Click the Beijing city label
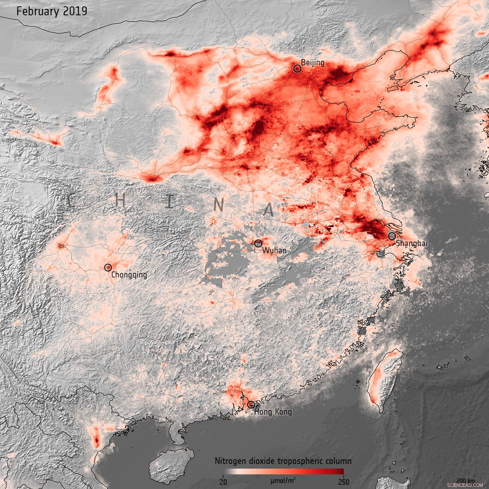coord(312,63)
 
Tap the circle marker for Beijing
coord(297,68)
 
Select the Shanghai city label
coord(411,244)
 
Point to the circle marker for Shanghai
coord(391,236)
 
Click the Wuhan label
coord(274,250)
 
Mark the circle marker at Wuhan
coord(258,243)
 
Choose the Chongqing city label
coord(129,275)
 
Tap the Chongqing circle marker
coord(108,267)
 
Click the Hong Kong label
coord(273,412)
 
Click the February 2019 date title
coord(52,11)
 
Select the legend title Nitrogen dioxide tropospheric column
coord(283,461)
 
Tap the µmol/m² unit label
coord(283,481)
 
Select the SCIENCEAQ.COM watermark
coord(464,484)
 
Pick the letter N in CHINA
coord(219,205)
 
